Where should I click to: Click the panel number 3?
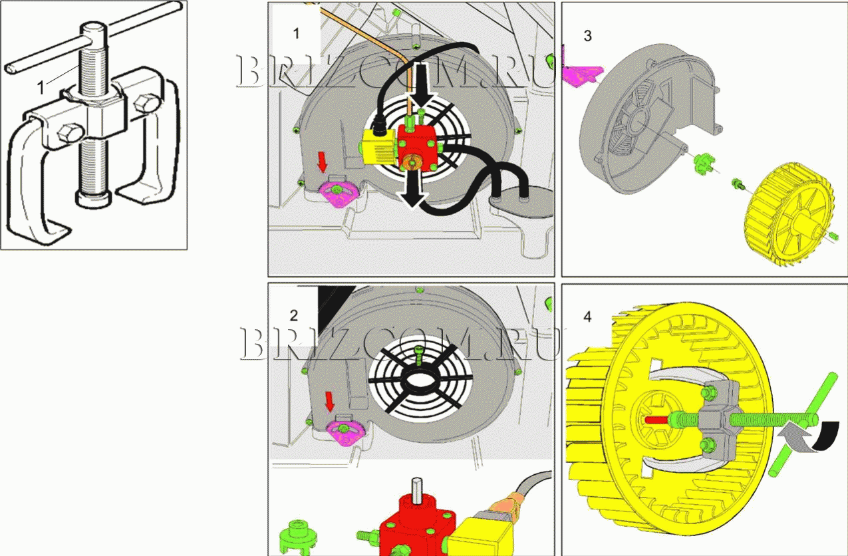(587, 36)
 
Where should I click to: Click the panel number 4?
(587, 317)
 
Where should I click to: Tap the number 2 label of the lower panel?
(294, 316)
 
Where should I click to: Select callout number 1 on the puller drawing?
(41, 88)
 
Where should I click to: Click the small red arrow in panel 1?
(323, 162)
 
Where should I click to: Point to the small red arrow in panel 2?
(330, 402)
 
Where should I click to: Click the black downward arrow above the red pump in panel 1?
(424, 85)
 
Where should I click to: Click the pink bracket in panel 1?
(339, 193)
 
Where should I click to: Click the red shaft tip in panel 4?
(657, 420)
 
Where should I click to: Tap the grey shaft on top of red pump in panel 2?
(416, 491)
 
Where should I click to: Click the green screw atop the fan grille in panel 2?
(419, 355)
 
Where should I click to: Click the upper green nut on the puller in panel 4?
(707, 392)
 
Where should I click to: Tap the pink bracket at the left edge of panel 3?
(581, 74)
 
